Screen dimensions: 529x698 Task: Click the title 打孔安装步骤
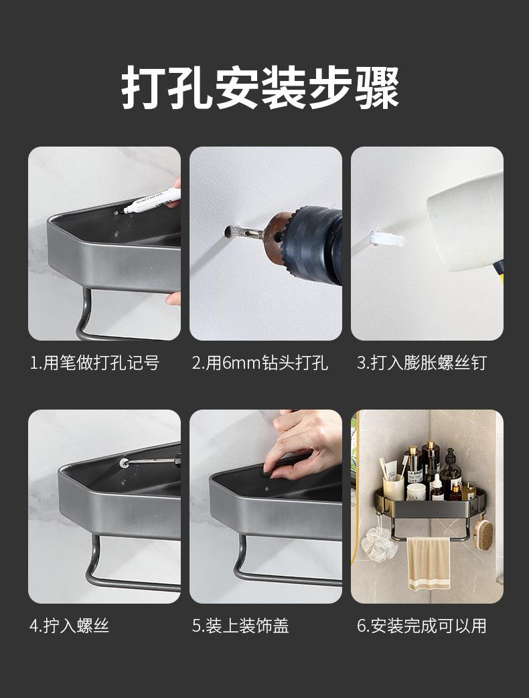[260, 87]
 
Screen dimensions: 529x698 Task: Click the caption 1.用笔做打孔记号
[95, 363]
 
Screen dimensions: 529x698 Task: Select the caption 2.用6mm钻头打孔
[260, 363]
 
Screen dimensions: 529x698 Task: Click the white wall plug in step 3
[386, 240]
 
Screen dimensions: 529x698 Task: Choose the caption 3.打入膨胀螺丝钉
[422, 363]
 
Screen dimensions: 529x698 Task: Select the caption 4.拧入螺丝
[70, 626]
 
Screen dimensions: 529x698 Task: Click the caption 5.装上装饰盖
[240, 626]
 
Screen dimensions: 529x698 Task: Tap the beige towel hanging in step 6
[429, 563]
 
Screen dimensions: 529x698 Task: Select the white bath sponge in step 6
[379, 543]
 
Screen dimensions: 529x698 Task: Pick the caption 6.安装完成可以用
[422, 626]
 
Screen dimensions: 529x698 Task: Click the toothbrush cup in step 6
[394, 487]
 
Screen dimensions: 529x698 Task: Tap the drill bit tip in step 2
[227, 232]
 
